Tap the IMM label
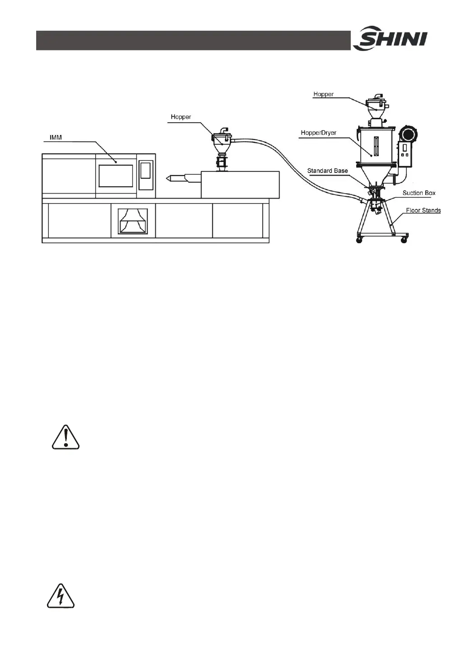click(x=56, y=137)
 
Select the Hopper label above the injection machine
click(x=181, y=117)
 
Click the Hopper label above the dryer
click(x=323, y=94)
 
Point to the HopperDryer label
click(x=318, y=133)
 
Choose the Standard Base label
click(x=327, y=171)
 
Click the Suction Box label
click(x=419, y=193)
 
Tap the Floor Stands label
click(x=423, y=210)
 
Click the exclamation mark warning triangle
click(x=65, y=437)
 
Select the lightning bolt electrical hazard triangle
click(x=61, y=597)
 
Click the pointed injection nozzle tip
click(x=170, y=179)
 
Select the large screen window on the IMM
click(x=116, y=176)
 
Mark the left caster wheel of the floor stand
click(x=359, y=240)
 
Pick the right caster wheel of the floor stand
click(x=404, y=240)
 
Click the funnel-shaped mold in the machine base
click(x=133, y=221)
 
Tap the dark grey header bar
click(x=193, y=41)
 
